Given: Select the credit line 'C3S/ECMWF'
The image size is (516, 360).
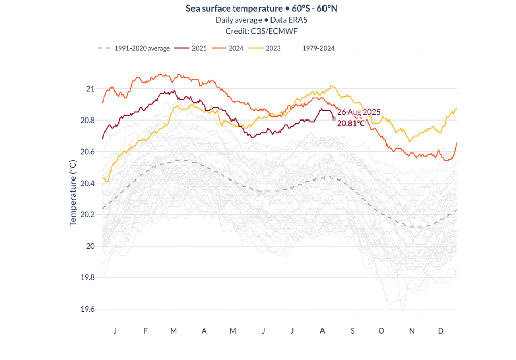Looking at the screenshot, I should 257,31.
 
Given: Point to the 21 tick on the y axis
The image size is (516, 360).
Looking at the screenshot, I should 90,89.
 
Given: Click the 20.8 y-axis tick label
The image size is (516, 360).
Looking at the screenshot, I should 87,120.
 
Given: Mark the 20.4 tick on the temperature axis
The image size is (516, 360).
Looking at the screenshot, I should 87,183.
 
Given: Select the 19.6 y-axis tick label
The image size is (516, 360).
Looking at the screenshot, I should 87,309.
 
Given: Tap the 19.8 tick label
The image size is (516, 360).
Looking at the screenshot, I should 87,277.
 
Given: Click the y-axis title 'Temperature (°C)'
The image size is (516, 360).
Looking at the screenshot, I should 73,194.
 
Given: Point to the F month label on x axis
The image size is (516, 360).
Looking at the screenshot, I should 146,331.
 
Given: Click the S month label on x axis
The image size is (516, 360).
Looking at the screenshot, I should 353,331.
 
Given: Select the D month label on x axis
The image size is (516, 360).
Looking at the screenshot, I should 441,331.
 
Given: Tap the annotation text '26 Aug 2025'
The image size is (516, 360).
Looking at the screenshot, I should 359,112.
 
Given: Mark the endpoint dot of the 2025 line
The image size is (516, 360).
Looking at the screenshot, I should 334,118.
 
